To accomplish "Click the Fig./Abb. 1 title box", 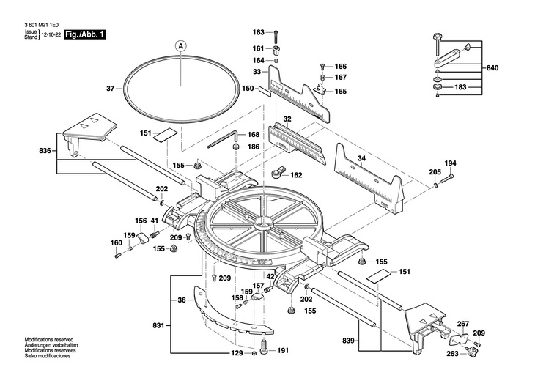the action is point(84,34).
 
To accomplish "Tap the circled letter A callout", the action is point(181,45).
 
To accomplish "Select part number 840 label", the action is point(492,68).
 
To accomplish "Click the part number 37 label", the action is point(110,89).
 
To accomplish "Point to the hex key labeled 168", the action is point(223,139).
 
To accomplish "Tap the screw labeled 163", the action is point(276,37).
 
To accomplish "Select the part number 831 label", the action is point(159,325).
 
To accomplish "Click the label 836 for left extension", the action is point(45,150).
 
